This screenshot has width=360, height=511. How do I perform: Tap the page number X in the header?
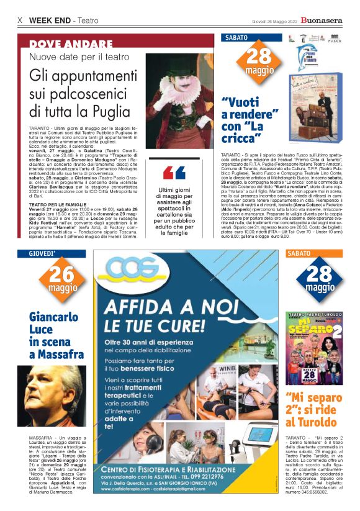click(x=20, y=20)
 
